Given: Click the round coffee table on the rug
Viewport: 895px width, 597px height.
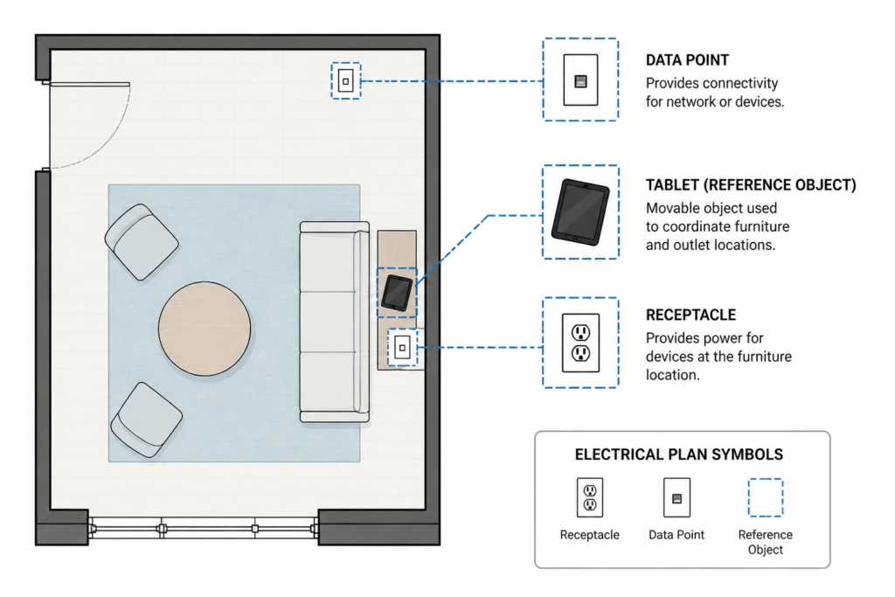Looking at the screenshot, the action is (205, 329).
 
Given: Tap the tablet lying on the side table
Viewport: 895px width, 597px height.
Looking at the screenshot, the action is (397, 293).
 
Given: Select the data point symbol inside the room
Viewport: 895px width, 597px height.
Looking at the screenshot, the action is (346, 81).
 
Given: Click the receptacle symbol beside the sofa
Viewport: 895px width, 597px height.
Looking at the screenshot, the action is (402, 347).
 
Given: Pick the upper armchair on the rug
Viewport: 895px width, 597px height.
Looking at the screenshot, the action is (142, 242).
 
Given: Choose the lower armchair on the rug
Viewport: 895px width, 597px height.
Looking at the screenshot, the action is (147, 420).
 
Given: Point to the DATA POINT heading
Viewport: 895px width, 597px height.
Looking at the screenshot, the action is (687, 60).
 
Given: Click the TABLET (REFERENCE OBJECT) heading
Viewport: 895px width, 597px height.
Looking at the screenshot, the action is (751, 185).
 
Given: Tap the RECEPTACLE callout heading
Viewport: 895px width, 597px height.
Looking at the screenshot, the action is (690, 315).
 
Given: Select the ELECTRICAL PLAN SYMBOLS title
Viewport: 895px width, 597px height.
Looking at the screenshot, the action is (678, 455).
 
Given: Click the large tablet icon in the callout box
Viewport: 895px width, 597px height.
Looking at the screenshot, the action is (580, 212).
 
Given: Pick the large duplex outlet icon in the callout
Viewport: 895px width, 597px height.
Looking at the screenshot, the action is (580, 343).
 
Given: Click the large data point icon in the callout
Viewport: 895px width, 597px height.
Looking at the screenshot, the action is (580, 80).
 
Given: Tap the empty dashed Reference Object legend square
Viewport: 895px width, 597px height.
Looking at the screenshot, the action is (766, 497).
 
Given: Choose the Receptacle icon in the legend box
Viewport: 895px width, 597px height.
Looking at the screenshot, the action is (590, 497).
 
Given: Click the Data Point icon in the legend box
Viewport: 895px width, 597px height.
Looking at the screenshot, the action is (676, 497).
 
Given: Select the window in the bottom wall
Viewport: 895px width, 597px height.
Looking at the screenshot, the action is (203, 529).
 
